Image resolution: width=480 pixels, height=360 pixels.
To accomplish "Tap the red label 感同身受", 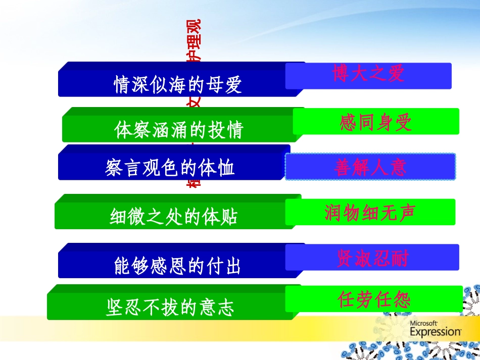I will point(376,122).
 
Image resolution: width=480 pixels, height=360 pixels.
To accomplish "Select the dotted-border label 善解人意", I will point(370,167).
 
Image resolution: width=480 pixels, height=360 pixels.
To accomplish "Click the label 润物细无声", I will point(370,212).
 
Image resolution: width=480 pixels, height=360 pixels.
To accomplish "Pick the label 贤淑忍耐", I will point(372,258).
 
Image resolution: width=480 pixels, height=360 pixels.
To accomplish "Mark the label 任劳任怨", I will point(374,299).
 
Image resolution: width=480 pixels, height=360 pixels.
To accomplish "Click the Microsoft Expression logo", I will point(435,328).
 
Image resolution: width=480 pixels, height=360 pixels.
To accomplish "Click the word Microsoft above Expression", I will point(423,323).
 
